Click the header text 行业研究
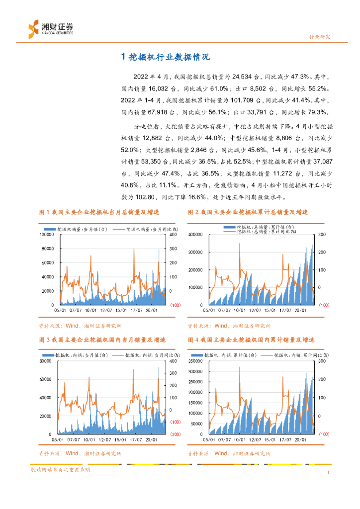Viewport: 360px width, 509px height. coord(320,37)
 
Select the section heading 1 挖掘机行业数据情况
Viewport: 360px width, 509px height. coord(166,57)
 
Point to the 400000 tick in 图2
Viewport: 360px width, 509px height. coord(195,220)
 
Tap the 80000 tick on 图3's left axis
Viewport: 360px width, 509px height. coord(48,361)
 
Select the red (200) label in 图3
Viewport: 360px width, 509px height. coord(175,434)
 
